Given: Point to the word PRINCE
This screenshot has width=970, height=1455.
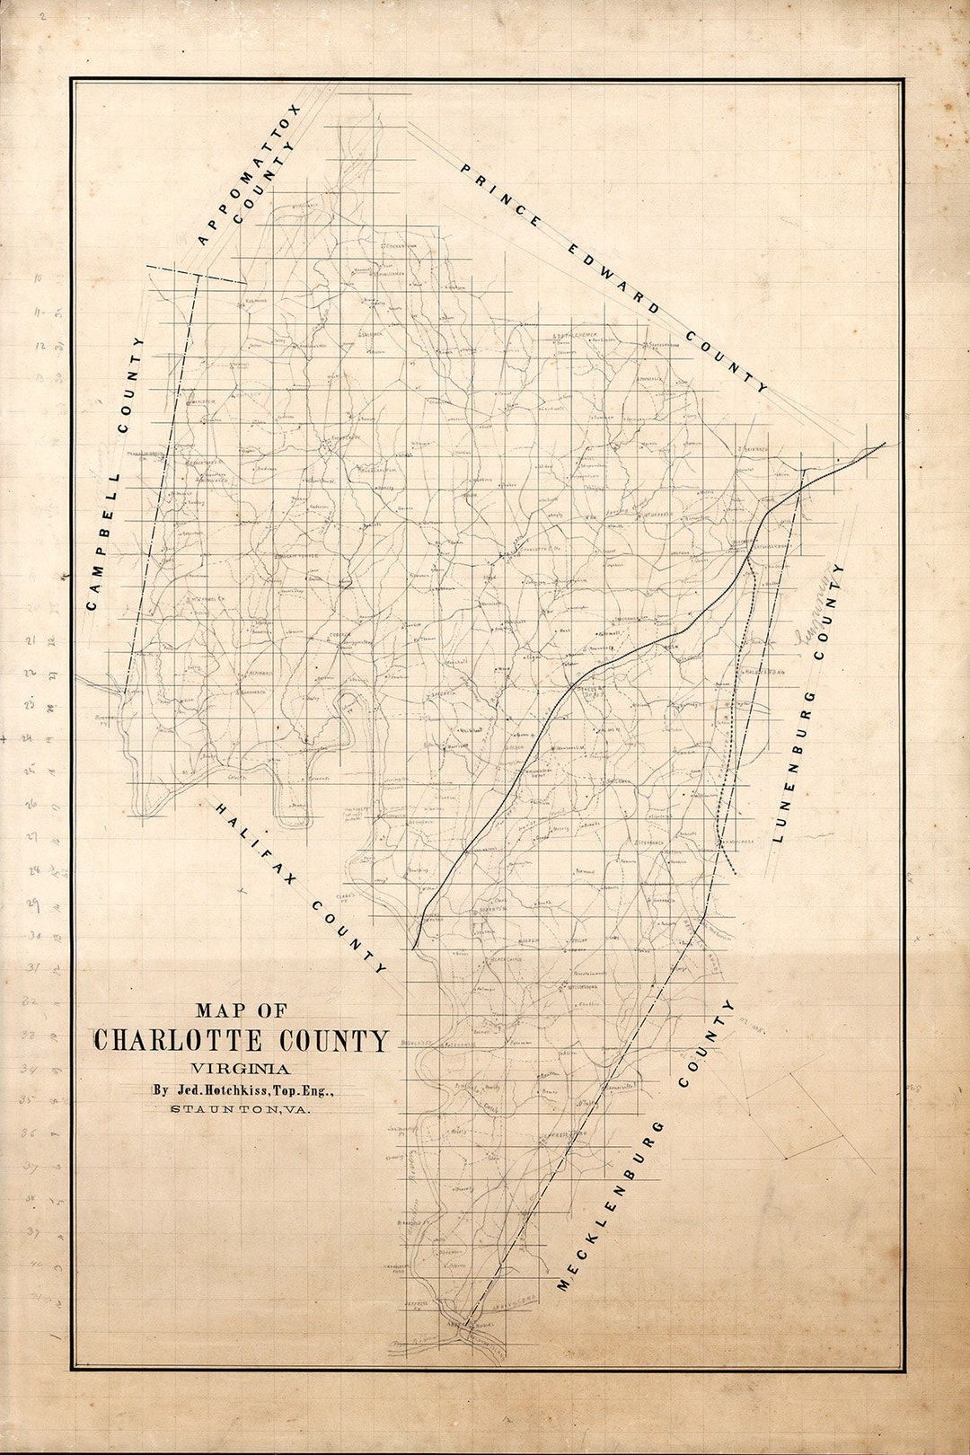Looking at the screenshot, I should (x=498, y=195).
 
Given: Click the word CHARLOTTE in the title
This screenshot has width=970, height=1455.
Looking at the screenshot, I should (x=178, y=1041).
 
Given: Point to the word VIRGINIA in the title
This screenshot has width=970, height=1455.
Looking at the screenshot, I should (x=240, y=1070).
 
